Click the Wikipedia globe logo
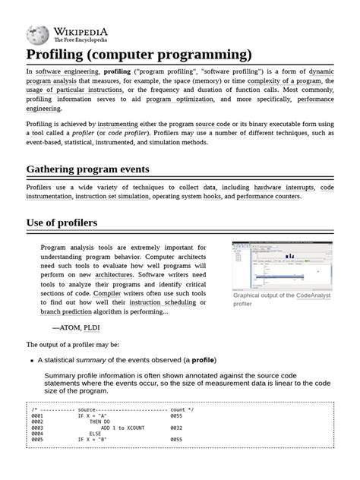point(38,33)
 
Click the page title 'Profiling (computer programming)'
point(139,55)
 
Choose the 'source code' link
point(217,123)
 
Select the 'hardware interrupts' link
point(283,187)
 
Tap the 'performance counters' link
point(269,197)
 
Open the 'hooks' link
point(213,197)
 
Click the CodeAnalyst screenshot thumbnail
point(282,265)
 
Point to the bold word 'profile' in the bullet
point(203,360)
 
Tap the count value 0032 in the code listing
point(176,428)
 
